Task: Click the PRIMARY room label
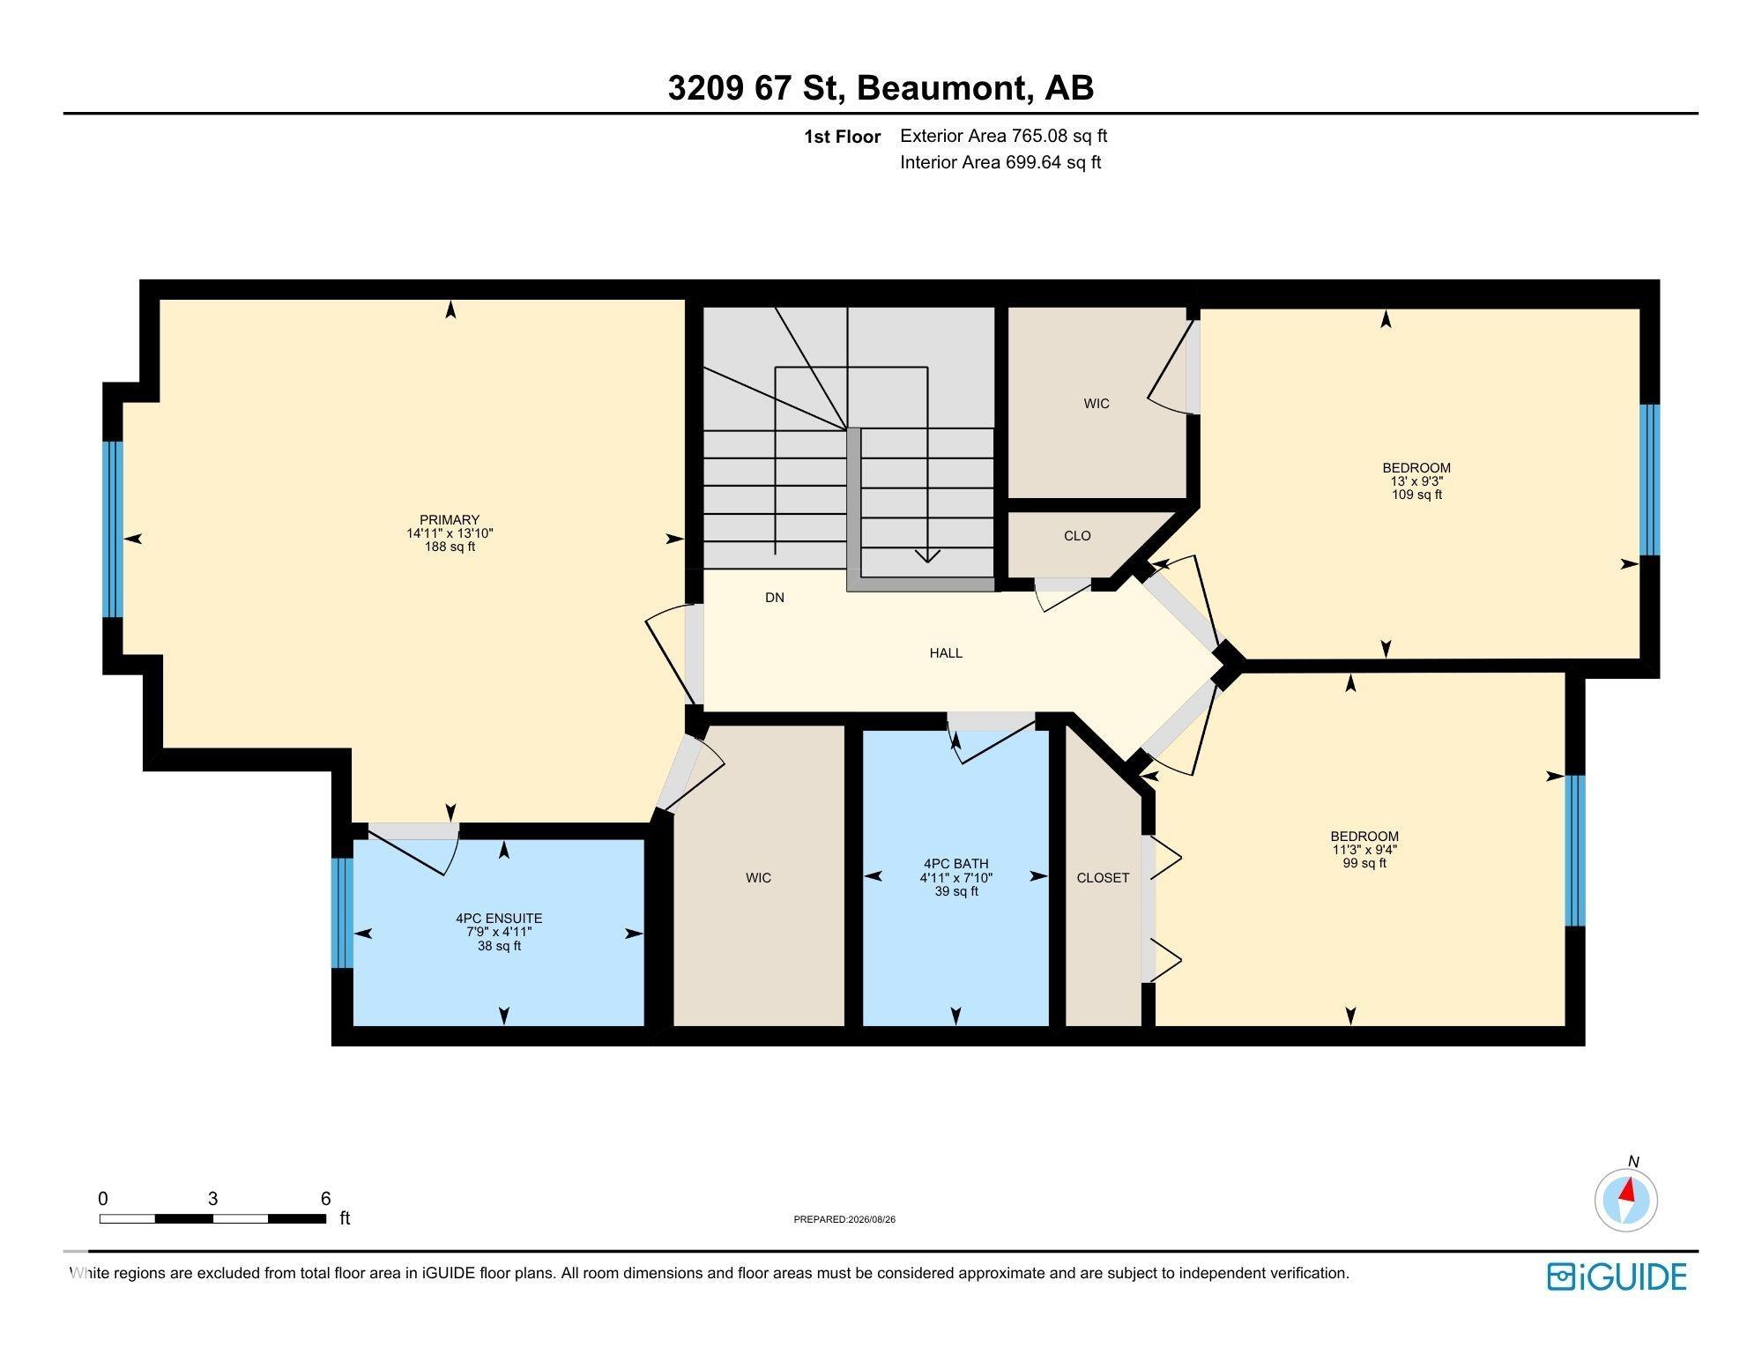450,520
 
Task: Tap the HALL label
946,653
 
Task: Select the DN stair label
775,598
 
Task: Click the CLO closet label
1077,536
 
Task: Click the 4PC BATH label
956,864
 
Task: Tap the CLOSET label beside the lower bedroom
1103,878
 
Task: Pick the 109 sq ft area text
1416,495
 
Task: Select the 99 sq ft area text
1364,863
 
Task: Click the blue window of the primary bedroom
113,529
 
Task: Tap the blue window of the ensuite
342,912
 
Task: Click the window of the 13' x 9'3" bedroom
1649,480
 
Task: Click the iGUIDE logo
1617,1276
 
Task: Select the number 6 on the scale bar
326,1199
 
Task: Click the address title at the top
881,88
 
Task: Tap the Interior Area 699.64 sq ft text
1000,162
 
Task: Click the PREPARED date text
844,1220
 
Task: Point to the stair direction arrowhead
927,556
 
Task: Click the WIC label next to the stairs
1097,404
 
